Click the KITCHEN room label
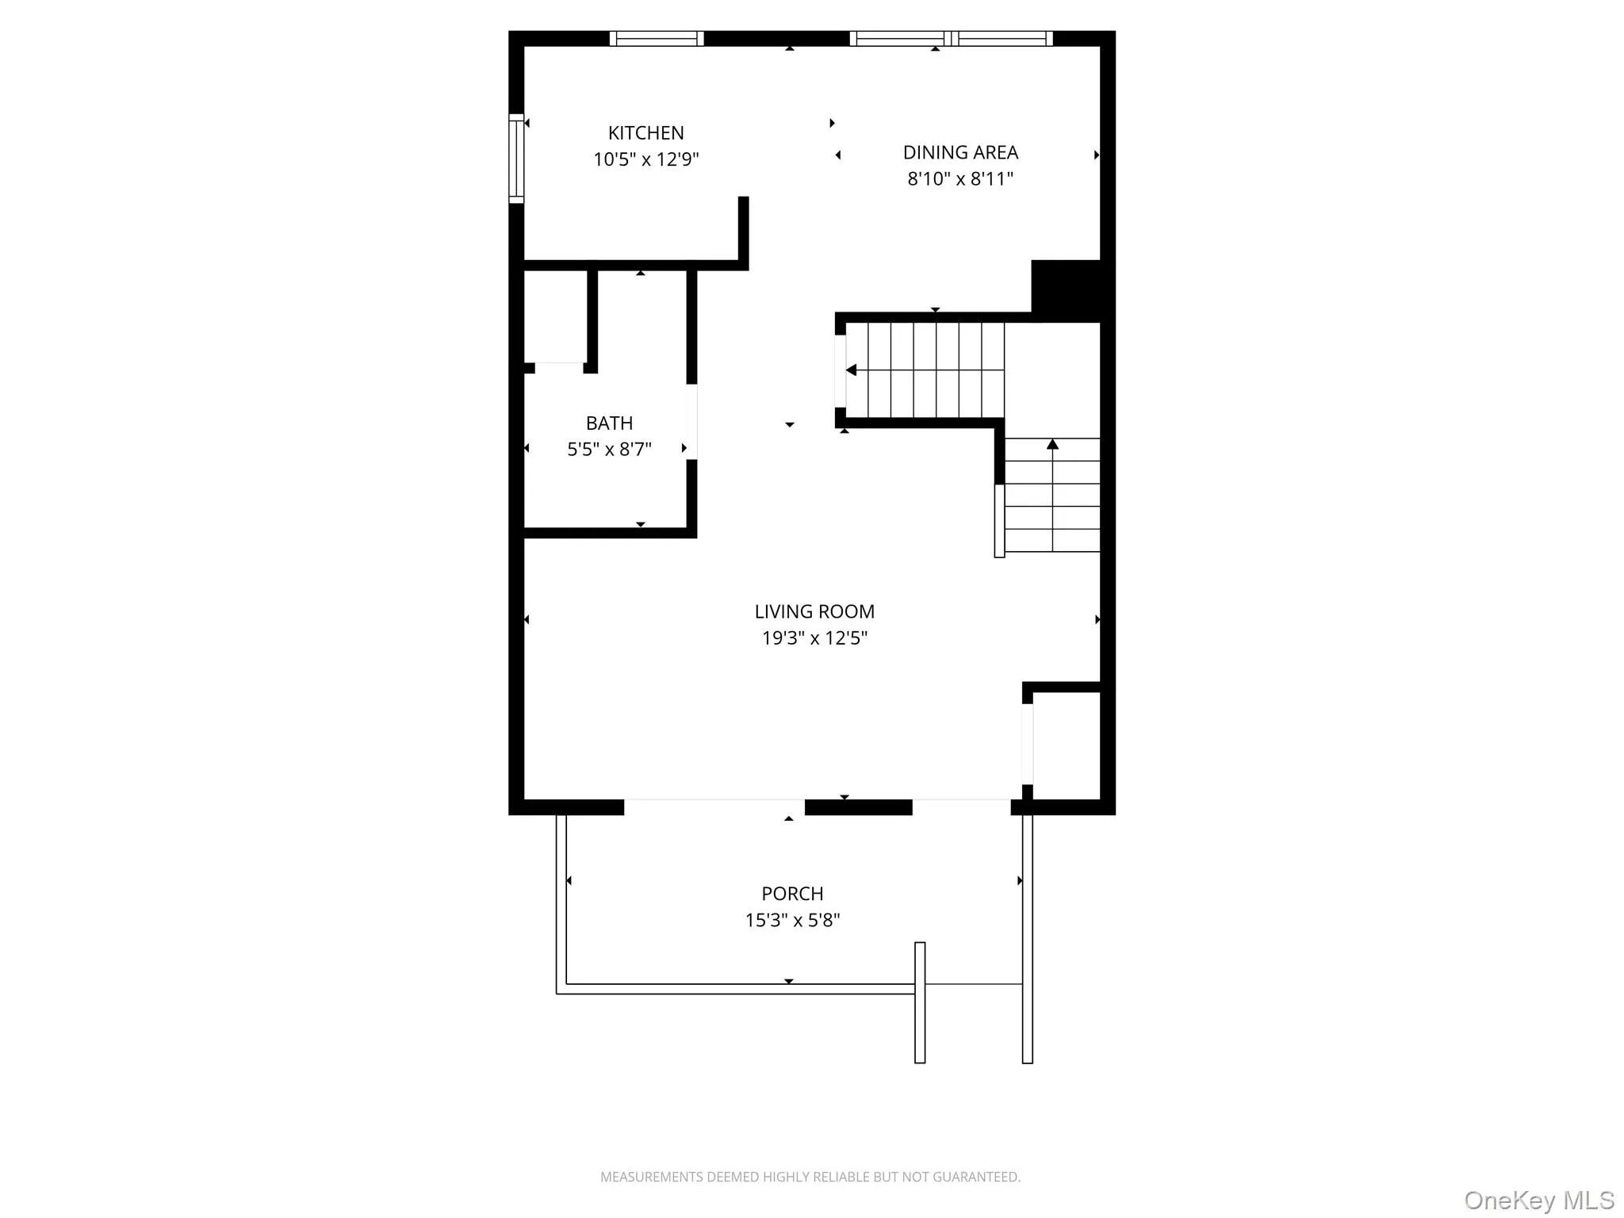[x=645, y=133]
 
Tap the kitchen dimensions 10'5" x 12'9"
[x=645, y=159]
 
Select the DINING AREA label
[x=960, y=152]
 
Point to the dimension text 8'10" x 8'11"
[x=960, y=178]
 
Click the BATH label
[x=609, y=423]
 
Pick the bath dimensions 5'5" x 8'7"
[x=609, y=450]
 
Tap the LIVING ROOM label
[x=814, y=611]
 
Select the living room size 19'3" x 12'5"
[x=814, y=638]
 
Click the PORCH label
[x=792, y=894]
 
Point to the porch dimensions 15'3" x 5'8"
[x=792, y=920]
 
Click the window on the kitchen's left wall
[x=516, y=159]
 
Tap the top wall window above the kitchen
[x=657, y=38]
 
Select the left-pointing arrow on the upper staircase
[x=851, y=370]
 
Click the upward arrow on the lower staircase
[x=1052, y=445]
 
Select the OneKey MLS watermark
[x=1538, y=1200]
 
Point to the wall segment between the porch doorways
[x=858, y=807]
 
